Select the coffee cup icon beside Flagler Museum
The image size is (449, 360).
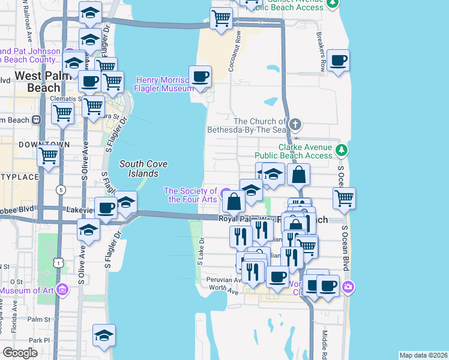(200, 77)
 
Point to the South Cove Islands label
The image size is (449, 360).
(143, 169)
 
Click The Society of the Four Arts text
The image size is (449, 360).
(191, 195)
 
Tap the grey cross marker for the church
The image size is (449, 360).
(295, 125)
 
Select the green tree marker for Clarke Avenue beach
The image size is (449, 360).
(341, 149)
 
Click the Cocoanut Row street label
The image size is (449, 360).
(238, 52)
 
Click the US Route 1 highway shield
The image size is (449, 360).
(56, 263)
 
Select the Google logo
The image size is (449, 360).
(20, 353)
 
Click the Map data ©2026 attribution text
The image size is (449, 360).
(423, 355)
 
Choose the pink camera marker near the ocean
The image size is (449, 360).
(348, 289)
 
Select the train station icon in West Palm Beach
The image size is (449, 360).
(37, 119)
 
